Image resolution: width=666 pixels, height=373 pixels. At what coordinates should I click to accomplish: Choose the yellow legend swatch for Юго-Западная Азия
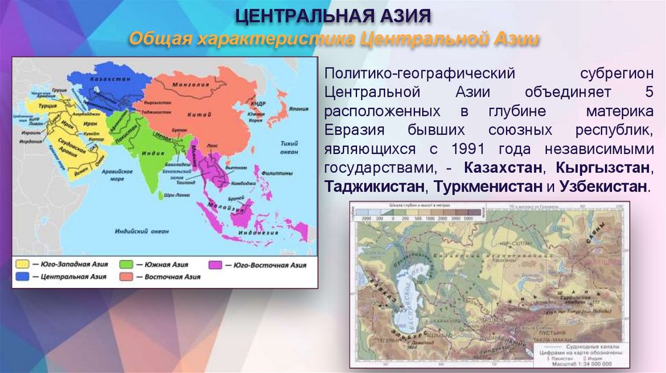pyautogui.click(x=22, y=264)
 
